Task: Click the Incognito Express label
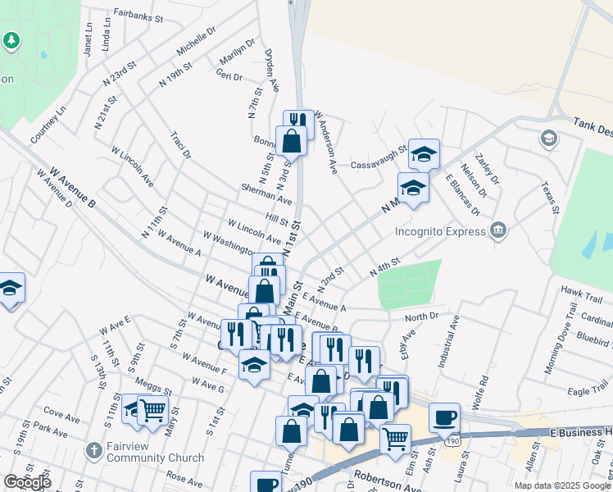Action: point(441,231)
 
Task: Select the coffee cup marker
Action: point(444,417)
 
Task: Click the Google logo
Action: point(27,482)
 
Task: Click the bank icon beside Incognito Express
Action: point(497,230)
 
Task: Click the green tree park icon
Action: point(11,40)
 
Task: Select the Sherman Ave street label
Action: point(266,194)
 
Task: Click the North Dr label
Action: point(422,316)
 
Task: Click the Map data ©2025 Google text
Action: point(561,485)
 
